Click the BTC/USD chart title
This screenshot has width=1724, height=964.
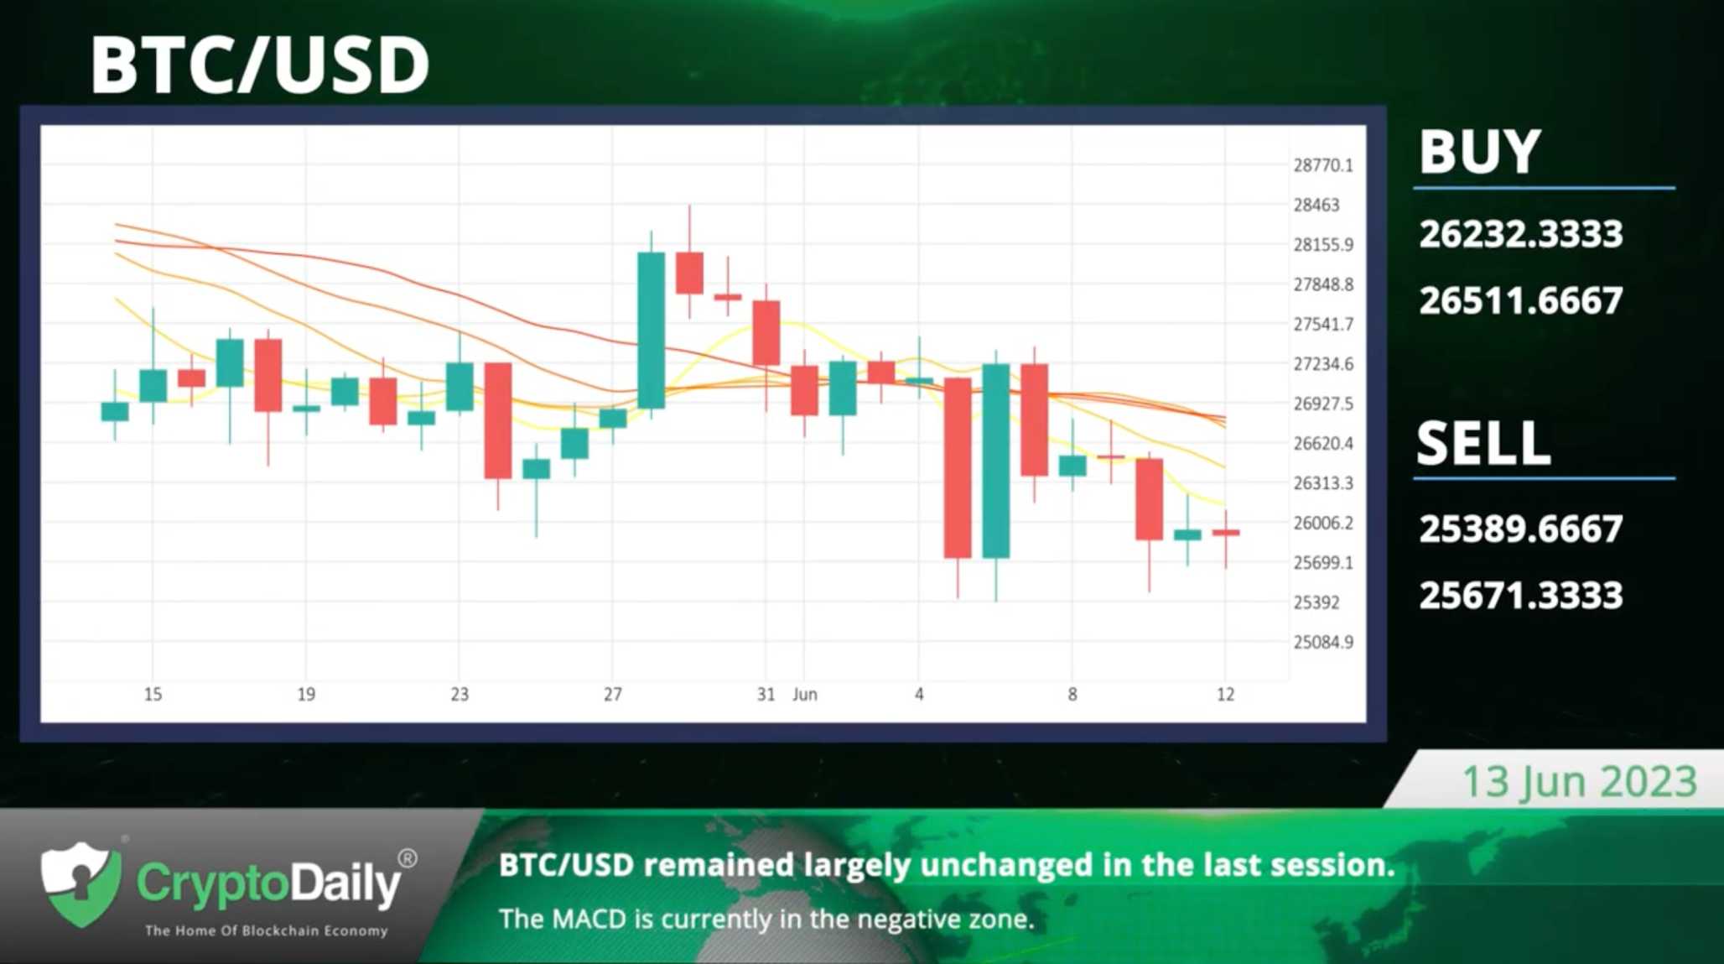pos(260,65)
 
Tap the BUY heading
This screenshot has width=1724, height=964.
pos(1480,152)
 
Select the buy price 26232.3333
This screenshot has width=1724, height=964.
pos(1520,234)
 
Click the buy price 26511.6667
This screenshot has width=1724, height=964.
pos(1520,300)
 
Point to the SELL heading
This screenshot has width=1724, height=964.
pos(1483,442)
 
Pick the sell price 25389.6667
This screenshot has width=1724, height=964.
pos(1520,529)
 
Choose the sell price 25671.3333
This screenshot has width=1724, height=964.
pos(1520,596)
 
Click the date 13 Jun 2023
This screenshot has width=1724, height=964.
pos(1580,782)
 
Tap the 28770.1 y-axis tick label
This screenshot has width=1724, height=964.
pos(1323,165)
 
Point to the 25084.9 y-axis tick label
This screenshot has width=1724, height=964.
pos(1323,643)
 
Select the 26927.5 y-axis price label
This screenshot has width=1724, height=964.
pos(1323,404)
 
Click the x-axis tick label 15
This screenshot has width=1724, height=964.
pos(153,695)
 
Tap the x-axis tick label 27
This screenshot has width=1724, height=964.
pos(613,695)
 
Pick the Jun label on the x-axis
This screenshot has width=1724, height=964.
pos(805,695)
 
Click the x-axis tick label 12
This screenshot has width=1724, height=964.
pos(1226,695)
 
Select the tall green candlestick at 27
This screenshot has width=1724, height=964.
pos(652,331)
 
